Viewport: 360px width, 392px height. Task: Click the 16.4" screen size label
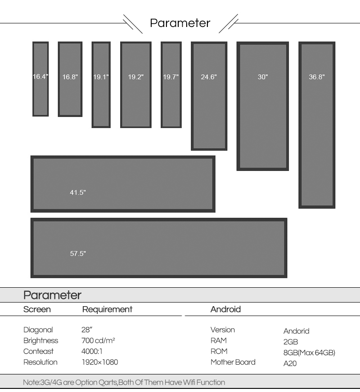pyautogui.click(x=40, y=76)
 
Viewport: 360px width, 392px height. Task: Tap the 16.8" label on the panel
pyautogui.click(x=70, y=77)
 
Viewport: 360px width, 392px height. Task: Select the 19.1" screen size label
pyautogui.click(x=101, y=77)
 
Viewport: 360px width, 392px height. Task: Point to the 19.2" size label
pyautogui.click(x=136, y=77)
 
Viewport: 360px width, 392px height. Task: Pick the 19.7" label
pyautogui.click(x=171, y=77)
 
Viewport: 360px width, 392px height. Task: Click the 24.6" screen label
pyautogui.click(x=209, y=77)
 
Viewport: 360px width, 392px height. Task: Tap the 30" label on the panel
pyautogui.click(x=263, y=77)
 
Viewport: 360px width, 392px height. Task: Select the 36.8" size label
pyautogui.click(x=317, y=77)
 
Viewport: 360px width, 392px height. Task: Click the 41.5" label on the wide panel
pyautogui.click(x=78, y=192)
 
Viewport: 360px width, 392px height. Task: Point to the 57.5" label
pyautogui.click(x=78, y=254)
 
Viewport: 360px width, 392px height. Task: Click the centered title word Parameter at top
pyautogui.click(x=180, y=23)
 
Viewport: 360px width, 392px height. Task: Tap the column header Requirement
pyautogui.click(x=107, y=309)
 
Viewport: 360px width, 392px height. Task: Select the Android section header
pyautogui.click(x=225, y=309)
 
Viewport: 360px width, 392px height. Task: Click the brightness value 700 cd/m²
pyautogui.click(x=98, y=340)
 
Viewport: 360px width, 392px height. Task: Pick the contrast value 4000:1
pyautogui.click(x=92, y=351)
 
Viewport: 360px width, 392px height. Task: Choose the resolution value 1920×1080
pyautogui.click(x=100, y=362)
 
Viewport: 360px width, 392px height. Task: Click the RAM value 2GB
pyautogui.click(x=291, y=342)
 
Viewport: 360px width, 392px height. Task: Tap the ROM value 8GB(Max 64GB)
pyautogui.click(x=309, y=352)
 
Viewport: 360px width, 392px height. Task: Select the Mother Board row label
pyautogui.click(x=233, y=362)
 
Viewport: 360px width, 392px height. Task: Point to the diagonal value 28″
pyautogui.click(x=87, y=330)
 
